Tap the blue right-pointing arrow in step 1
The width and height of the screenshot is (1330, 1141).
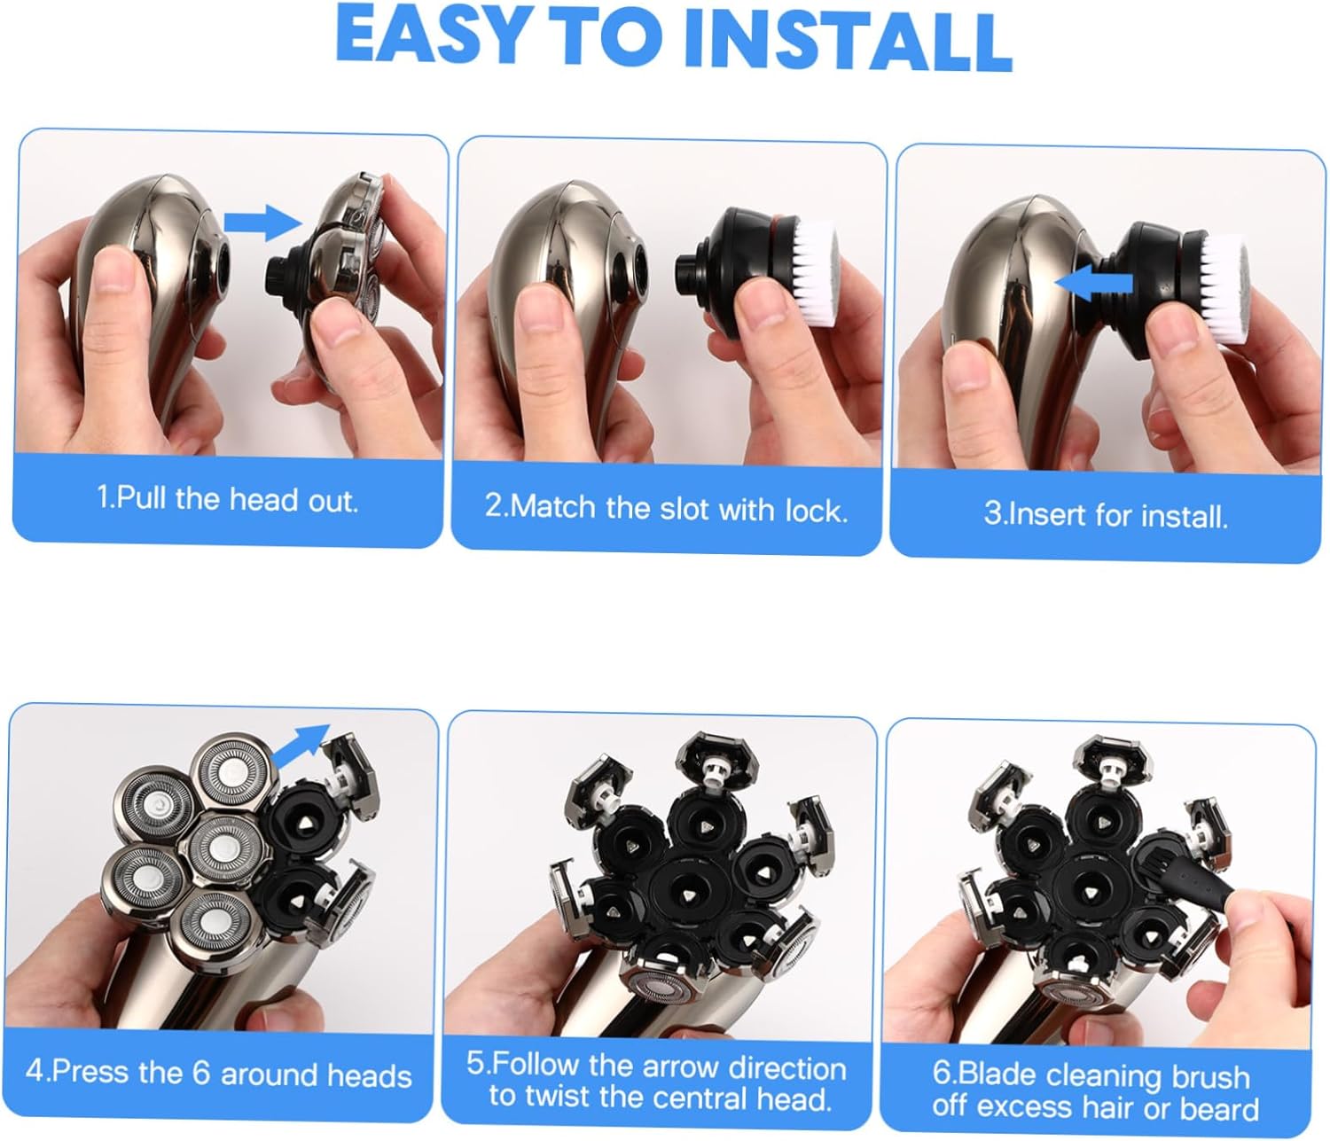point(258,222)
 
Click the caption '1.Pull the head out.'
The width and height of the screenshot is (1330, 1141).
point(227,499)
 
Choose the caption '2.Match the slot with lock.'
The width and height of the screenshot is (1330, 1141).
point(666,508)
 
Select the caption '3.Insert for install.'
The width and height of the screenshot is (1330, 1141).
point(1106,515)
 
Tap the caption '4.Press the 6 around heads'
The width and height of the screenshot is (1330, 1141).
point(218,1074)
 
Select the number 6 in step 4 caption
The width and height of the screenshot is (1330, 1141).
point(200,1074)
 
